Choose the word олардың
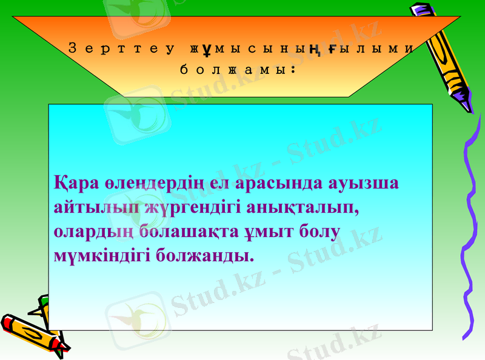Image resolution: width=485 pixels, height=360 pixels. pos(93,232)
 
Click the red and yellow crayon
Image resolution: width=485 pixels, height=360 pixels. pos(33,333)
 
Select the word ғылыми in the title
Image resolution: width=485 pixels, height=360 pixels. pos(372,49)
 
